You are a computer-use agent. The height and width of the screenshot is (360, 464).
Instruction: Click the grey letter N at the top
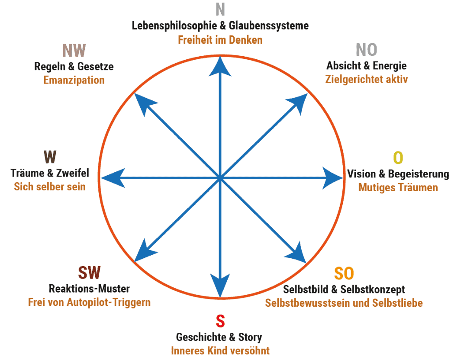(220, 9)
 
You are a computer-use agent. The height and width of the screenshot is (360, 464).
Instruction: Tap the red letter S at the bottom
(220, 321)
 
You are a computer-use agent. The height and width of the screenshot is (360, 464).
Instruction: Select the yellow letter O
(398, 157)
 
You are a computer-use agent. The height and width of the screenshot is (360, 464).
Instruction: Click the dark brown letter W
(50, 157)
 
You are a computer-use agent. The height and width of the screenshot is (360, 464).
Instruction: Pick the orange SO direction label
(344, 273)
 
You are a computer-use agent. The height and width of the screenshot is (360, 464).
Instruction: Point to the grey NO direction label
(366, 49)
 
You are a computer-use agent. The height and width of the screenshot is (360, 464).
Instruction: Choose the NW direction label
(74, 50)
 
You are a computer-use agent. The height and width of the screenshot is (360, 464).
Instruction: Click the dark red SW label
(89, 273)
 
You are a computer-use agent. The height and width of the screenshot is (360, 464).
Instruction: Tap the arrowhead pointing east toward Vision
(332, 178)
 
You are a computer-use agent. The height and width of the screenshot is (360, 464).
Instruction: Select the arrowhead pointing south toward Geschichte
(220, 285)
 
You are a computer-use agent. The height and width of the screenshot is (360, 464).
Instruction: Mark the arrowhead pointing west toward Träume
(113, 178)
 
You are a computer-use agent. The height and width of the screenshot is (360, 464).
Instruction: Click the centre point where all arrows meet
(220, 178)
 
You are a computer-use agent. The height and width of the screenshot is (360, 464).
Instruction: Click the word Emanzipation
(74, 80)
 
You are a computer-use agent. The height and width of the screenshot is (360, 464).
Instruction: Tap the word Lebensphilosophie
(174, 26)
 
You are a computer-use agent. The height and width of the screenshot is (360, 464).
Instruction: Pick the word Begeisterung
(419, 174)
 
